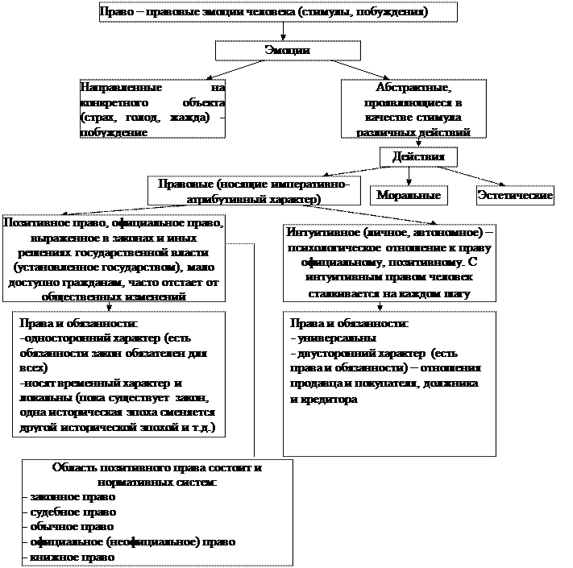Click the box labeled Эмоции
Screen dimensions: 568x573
coord(288,51)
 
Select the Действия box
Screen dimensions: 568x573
coord(413,155)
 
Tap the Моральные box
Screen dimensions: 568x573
coord(409,195)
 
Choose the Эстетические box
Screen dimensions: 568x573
coord(515,195)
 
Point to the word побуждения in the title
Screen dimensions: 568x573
coord(397,13)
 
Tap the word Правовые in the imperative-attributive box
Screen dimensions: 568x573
coord(184,184)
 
